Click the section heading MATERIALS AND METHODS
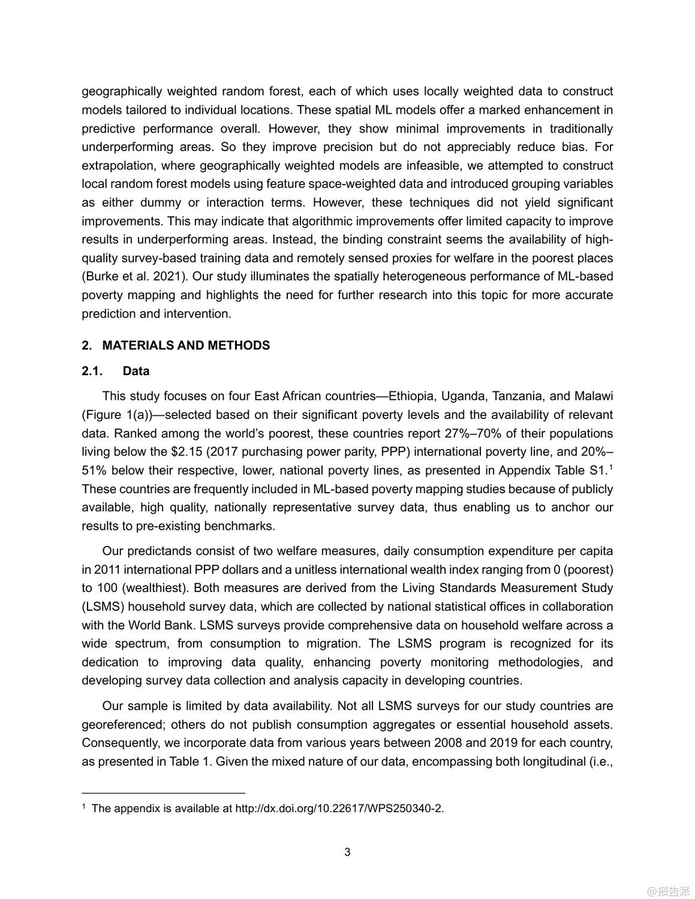click(x=186, y=345)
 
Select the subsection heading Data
click(x=136, y=371)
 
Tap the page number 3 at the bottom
click(x=347, y=852)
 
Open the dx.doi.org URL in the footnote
click(x=339, y=809)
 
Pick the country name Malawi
click(x=594, y=396)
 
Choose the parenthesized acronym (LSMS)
click(x=103, y=607)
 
